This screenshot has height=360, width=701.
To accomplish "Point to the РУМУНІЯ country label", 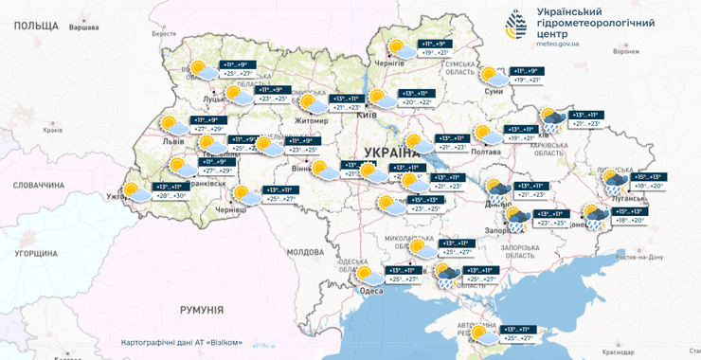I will tap(201, 310).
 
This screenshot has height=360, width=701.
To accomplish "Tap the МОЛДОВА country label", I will tap(305, 252).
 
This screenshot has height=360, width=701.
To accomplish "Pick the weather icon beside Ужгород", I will tap(137, 191).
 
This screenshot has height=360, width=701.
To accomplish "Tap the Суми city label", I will tap(493, 92).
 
